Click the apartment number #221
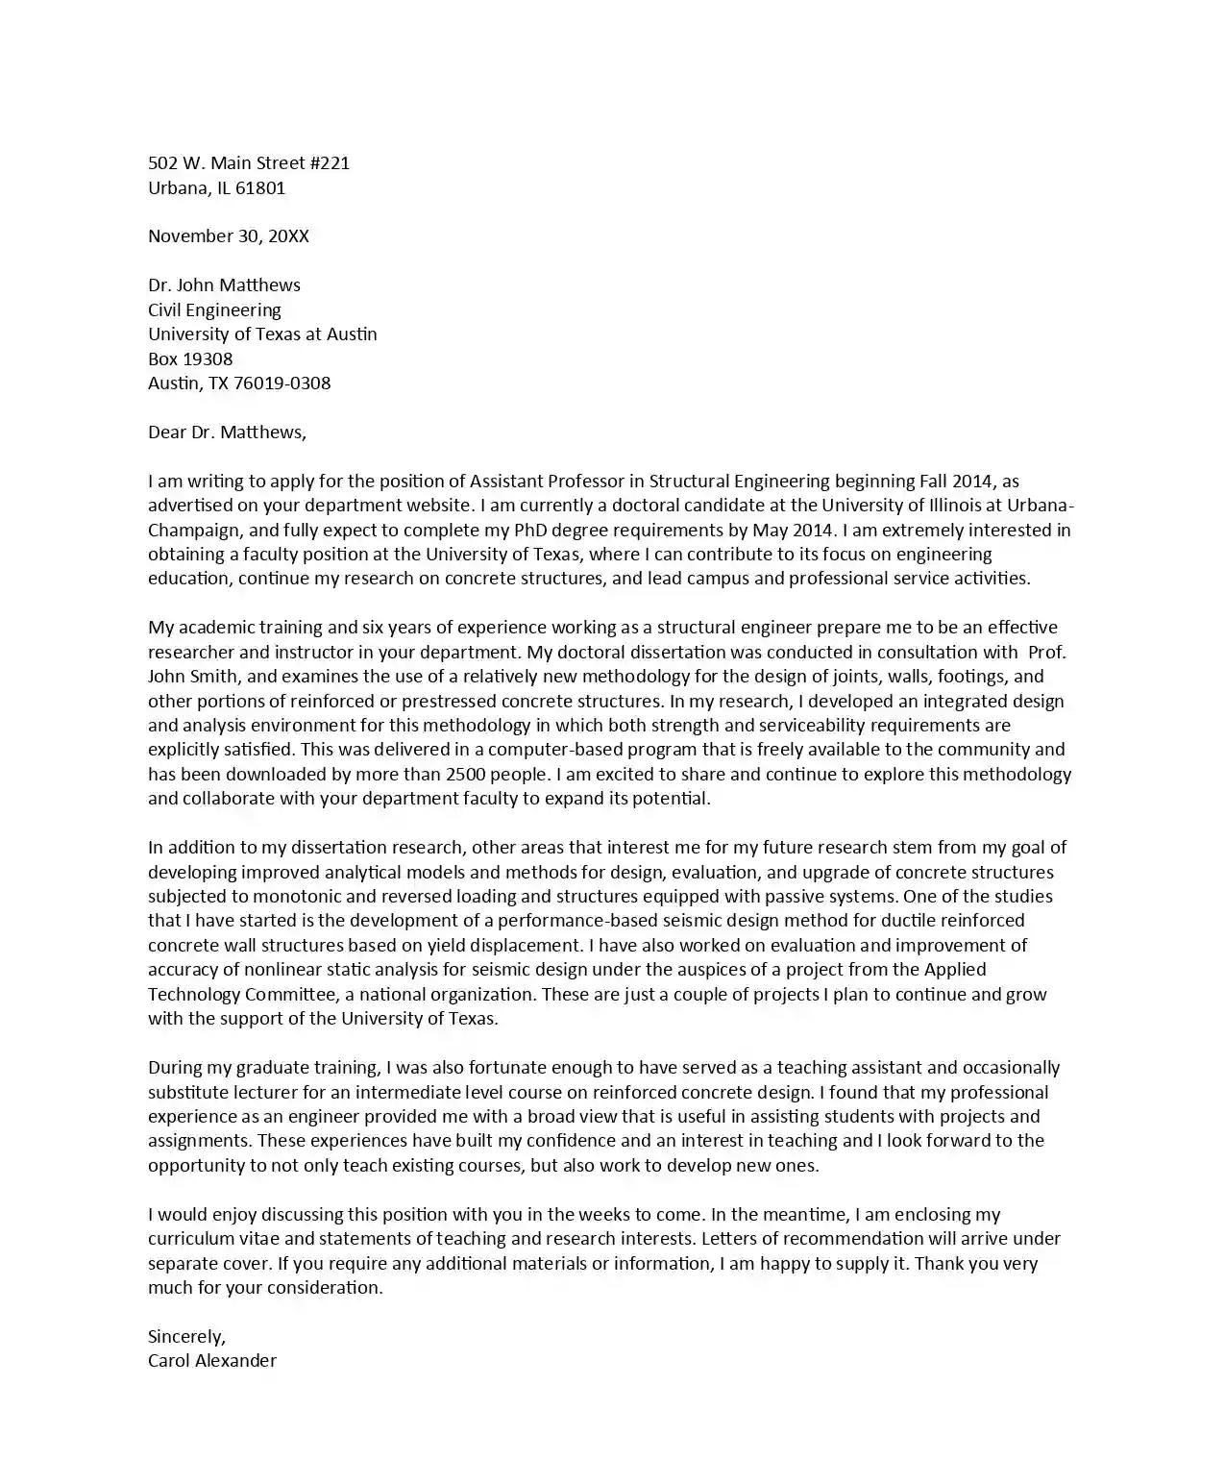click(330, 163)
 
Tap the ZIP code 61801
click(260, 188)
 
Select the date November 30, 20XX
click(229, 236)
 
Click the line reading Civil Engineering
click(214, 310)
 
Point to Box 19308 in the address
click(190, 359)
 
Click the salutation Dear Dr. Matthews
click(227, 433)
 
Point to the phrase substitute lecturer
click(216, 1093)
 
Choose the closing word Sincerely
click(186, 1337)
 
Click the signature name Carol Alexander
click(212, 1361)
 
